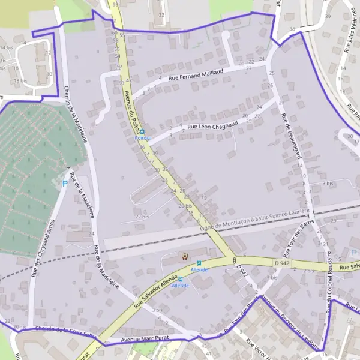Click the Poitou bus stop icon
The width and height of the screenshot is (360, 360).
click(142, 131)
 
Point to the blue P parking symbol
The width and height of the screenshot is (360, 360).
click(65, 183)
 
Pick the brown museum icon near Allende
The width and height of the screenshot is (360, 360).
click(184, 257)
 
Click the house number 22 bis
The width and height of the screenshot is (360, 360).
click(142, 217)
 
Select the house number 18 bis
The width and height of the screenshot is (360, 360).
click(20, 80)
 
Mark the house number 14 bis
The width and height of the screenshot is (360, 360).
click(7, 47)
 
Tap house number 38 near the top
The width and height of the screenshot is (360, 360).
click(292, 29)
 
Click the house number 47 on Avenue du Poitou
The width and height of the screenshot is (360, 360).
click(129, 80)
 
